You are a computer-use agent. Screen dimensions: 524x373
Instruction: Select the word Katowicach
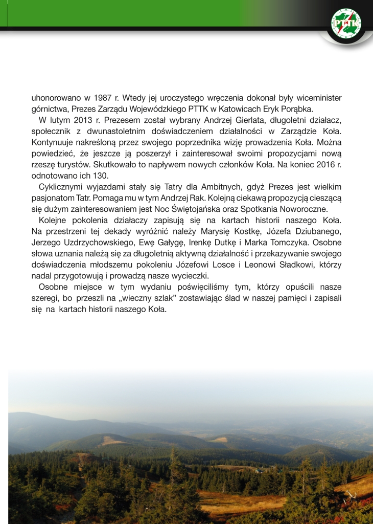click(x=247, y=109)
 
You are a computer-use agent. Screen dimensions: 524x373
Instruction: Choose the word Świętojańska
click(x=237, y=209)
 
